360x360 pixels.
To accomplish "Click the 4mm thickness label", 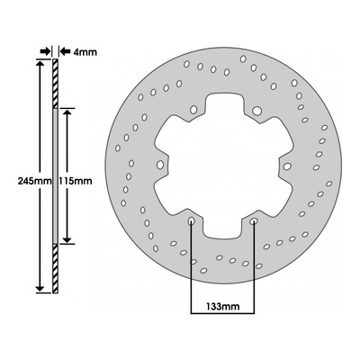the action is pos(85,52).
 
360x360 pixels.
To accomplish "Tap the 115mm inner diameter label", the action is pos(76,181).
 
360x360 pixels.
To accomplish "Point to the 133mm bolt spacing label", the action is pos(223,306).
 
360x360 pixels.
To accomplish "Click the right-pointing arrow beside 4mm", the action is pos(45,51).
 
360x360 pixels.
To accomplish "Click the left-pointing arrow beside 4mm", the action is pos(65,51).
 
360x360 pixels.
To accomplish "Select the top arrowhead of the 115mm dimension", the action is pos(67,112).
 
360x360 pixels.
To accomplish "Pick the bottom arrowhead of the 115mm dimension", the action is pos(67,239).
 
